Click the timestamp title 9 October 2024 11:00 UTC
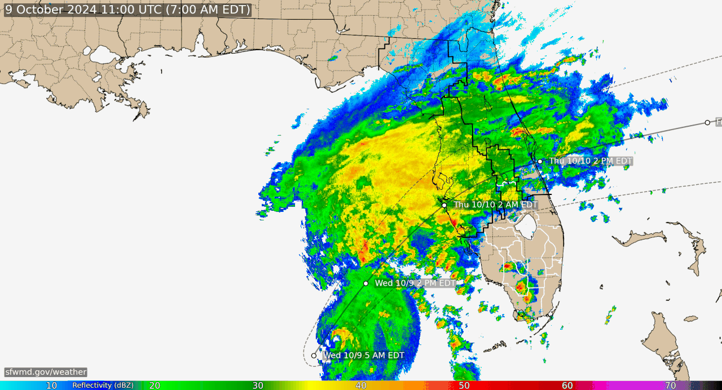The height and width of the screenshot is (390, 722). pos(127,10)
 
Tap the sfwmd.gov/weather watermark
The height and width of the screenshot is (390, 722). pos(46,372)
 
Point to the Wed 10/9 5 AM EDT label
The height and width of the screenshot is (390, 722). pos(363,355)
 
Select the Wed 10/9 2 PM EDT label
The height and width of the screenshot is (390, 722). pos(415,283)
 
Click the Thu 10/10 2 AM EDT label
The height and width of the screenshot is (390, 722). pos(495,205)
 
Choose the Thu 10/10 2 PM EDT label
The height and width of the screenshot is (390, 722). pos(591,161)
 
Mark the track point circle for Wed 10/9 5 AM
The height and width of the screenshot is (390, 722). pos(314,356)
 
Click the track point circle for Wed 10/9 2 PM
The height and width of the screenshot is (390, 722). pos(366,283)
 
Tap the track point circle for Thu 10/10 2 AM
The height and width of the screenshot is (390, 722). pos(444,205)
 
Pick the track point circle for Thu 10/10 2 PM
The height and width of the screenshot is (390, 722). pos(540,161)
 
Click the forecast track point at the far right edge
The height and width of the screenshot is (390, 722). pos(707,122)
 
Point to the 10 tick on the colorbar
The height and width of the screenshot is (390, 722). pos(51,385)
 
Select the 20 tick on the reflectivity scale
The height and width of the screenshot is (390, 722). pos(155,385)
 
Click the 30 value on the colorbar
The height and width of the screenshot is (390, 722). pos(258,385)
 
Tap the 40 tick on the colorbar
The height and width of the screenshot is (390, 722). pos(361,385)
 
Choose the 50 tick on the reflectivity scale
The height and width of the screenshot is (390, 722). pos(464,385)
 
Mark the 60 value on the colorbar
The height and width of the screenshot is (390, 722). pos(567,385)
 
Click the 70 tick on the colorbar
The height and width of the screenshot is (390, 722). pos(671,385)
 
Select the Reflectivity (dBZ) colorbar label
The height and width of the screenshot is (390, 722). pos(103,385)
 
